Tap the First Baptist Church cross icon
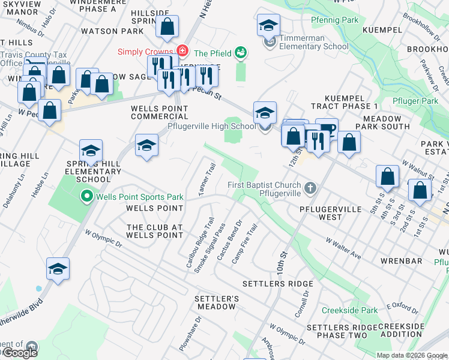tap(310, 188)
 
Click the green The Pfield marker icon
tap(241, 52)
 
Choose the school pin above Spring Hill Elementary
tap(91, 150)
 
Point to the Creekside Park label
tap(350, 310)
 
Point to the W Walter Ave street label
tap(343, 248)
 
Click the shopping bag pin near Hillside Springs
tap(167, 27)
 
